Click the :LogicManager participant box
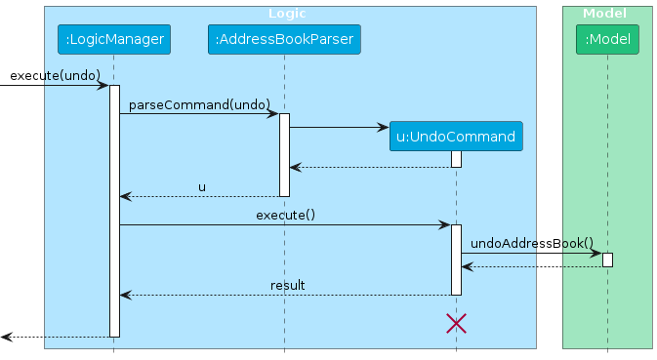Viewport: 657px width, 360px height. [113, 40]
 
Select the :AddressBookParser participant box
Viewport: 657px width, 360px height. [284, 40]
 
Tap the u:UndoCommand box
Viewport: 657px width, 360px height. [455, 137]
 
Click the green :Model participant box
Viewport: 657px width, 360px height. [607, 40]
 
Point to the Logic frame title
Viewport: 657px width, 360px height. [287, 14]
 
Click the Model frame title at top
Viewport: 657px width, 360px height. [605, 14]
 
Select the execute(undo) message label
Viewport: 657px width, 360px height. [55, 75]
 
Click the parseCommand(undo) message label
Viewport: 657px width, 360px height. [199, 103]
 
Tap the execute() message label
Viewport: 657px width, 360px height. [285, 215]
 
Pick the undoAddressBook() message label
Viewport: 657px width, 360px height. [531, 243]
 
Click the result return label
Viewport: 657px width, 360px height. [288, 285]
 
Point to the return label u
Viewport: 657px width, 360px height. [202, 186]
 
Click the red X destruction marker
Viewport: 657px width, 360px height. [456, 324]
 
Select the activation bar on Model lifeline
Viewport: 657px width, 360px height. [607, 260]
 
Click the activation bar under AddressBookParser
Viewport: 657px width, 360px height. [284, 154]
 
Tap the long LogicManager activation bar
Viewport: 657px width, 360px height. [113, 210]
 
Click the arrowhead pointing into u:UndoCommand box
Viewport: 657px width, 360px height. [383, 127]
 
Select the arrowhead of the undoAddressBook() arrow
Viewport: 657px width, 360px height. [596, 253]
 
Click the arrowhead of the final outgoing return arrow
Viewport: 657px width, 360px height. [6, 337]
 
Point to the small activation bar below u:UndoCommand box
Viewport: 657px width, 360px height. [456, 159]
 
